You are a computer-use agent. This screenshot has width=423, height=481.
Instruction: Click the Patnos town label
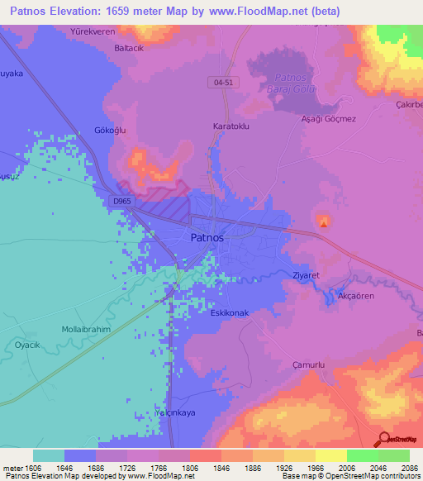click(x=201, y=237)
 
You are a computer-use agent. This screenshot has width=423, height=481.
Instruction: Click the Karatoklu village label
click(x=231, y=126)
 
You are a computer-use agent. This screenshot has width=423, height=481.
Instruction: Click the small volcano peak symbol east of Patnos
click(x=323, y=221)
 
